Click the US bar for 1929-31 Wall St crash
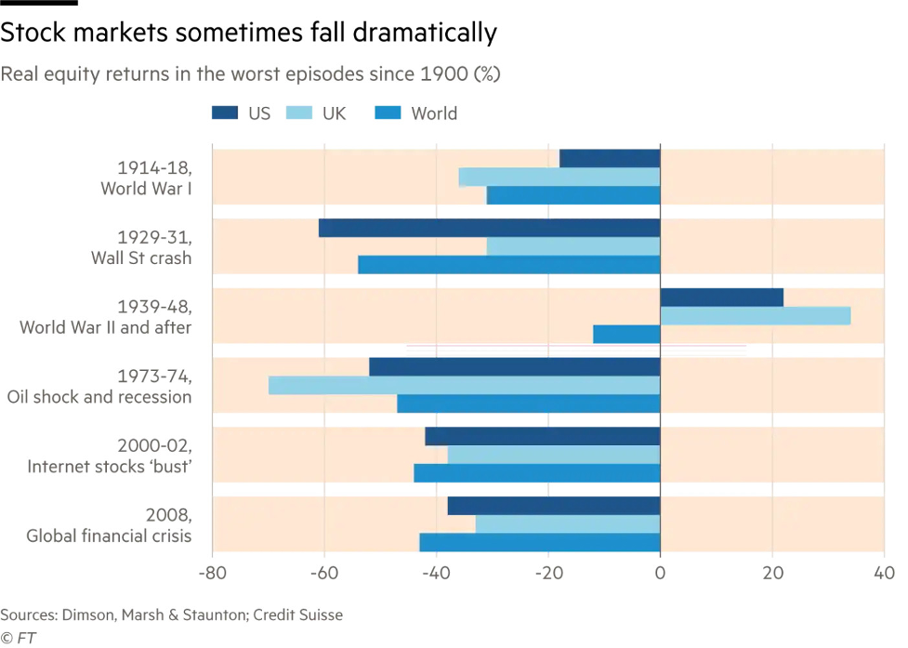(x=489, y=228)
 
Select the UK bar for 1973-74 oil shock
(x=465, y=385)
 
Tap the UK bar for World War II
(x=755, y=315)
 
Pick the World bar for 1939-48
(x=626, y=334)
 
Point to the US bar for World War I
(x=610, y=158)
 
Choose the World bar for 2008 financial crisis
(x=539, y=542)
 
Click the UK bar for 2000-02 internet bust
(x=554, y=455)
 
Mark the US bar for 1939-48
(x=721, y=298)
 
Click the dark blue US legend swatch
(x=225, y=113)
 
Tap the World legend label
(x=434, y=113)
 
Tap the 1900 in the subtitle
(x=439, y=74)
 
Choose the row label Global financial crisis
(x=109, y=536)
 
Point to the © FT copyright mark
(x=18, y=638)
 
